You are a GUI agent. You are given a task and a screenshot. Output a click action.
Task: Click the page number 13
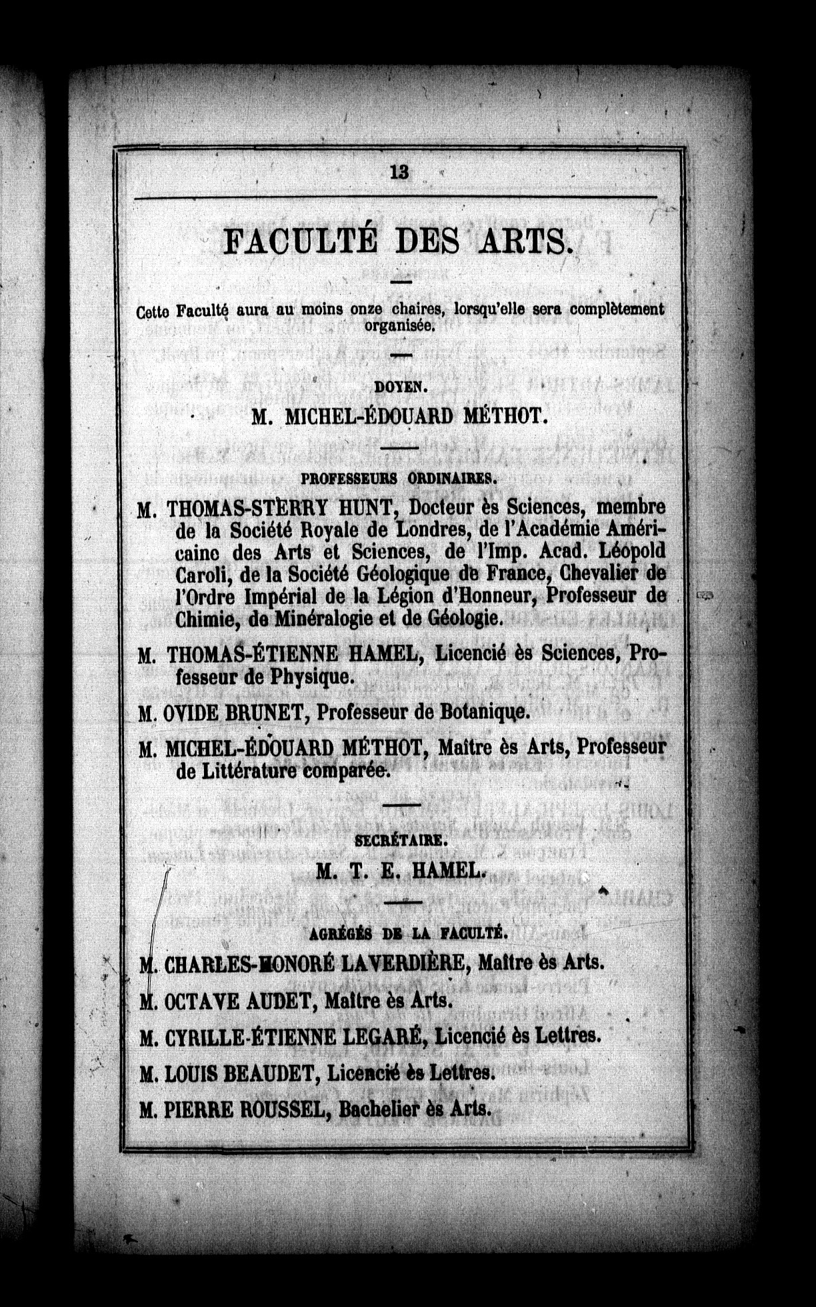(399, 172)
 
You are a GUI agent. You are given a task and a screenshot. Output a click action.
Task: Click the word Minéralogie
(311, 619)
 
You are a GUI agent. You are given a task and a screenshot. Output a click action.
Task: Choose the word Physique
(309, 678)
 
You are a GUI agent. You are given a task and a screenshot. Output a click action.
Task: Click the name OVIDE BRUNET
(233, 713)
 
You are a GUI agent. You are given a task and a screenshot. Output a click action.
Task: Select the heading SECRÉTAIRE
(399, 841)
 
